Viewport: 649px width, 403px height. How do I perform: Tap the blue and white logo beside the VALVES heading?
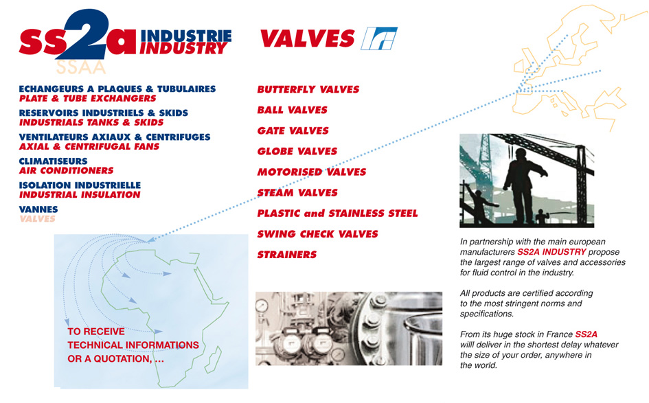pos(378,38)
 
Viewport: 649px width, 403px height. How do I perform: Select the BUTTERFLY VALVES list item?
pos(308,89)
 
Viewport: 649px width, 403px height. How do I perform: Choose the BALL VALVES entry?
pos(292,110)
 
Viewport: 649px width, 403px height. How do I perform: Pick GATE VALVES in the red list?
pos(293,130)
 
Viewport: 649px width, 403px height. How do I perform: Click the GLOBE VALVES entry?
pos(297,152)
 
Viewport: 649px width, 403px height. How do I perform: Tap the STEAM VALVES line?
pos(297,193)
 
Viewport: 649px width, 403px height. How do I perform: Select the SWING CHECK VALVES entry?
pos(318,234)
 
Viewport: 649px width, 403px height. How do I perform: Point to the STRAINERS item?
pos(287,255)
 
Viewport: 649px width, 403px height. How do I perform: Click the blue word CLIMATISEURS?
pos(54,161)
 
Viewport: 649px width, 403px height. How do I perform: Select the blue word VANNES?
pos(38,209)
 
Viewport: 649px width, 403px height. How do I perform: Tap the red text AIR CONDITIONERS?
pos(66,170)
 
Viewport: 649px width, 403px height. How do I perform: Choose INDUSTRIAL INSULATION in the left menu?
pos(80,194)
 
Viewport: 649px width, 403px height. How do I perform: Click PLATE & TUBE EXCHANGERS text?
pos(88,98)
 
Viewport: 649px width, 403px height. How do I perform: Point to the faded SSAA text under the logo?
pos(81,67)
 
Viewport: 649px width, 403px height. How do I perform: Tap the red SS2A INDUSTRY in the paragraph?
pos(551,252)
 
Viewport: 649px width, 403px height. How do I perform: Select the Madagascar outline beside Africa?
pos(214,359)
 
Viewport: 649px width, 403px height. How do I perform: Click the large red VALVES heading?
pos(307,38)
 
